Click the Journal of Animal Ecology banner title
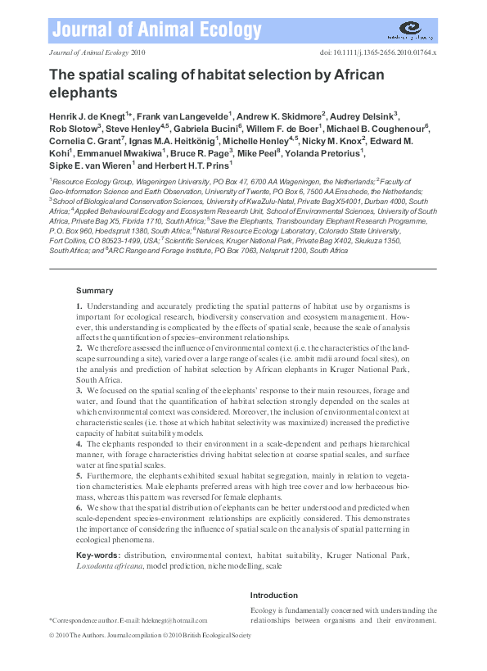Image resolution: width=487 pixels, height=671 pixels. [155, 31]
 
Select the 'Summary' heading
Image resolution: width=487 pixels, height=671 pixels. [94, 290]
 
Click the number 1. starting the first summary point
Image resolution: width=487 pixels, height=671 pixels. [79, 306]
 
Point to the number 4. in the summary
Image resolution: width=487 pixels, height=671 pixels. [79, 443]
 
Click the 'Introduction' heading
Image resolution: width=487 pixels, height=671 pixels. [274, 596]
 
